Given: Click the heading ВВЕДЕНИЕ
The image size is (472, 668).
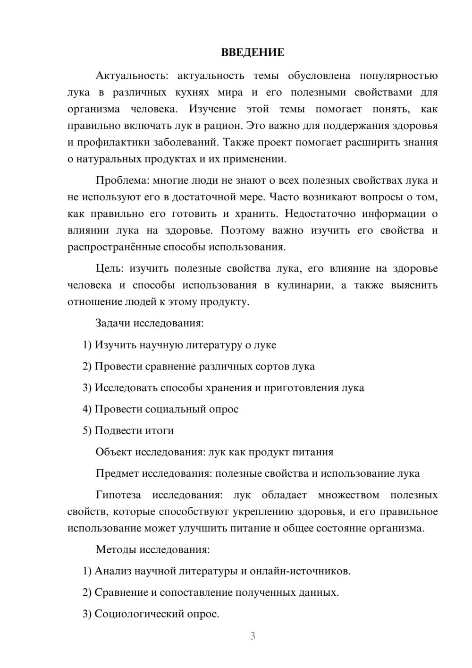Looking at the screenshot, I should (253, 52).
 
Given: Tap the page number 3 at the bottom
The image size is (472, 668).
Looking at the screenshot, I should (253, 636).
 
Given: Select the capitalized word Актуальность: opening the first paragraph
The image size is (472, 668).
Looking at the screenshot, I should (124, 76).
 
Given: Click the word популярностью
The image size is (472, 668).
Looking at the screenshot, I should (398, 76).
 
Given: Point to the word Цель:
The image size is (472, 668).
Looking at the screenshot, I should (110, 268).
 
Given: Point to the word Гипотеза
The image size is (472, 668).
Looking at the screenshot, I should (118, 495).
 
